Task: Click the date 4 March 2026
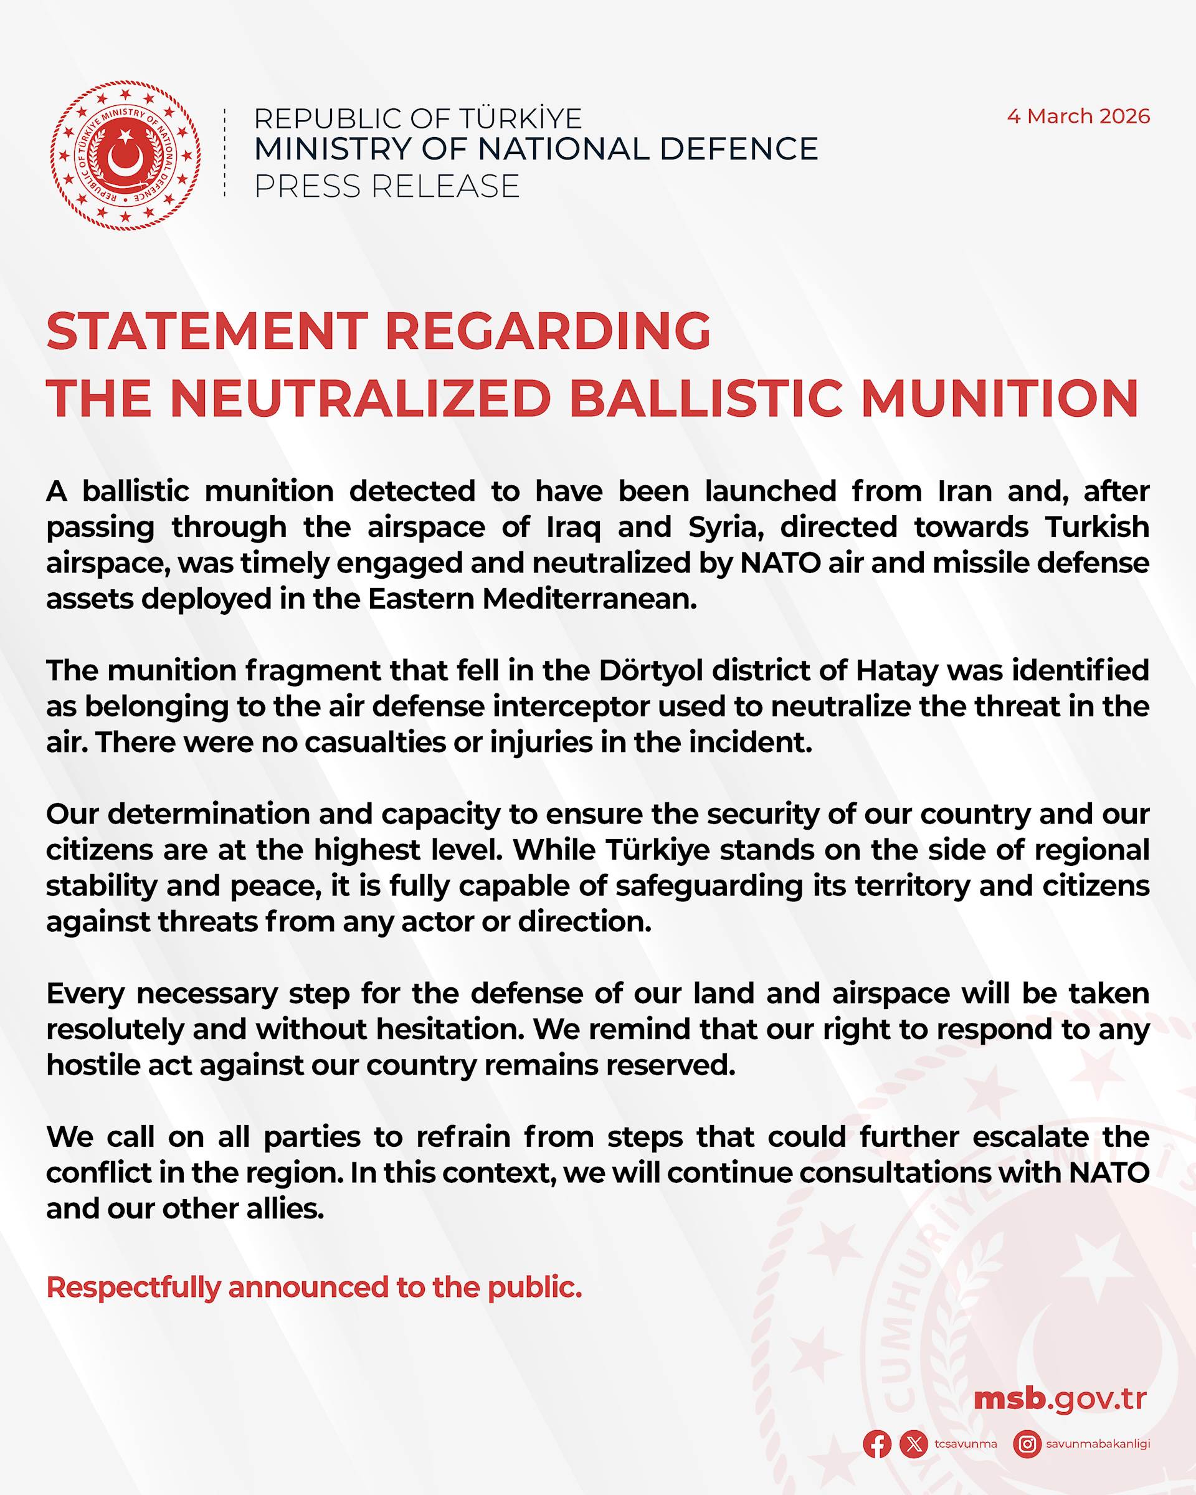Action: point(1078,116)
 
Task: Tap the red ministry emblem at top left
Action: point(125,155)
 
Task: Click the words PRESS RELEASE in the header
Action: point(387,186)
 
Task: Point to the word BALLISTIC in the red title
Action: point(706,399)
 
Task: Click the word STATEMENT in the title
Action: point(207,331)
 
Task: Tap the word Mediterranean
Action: point(589,599)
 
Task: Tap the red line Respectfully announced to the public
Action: point(314,1288)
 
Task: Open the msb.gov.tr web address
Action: point(1060,1398)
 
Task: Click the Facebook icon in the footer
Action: point(877,1445)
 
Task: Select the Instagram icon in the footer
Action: point(1027,1445)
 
